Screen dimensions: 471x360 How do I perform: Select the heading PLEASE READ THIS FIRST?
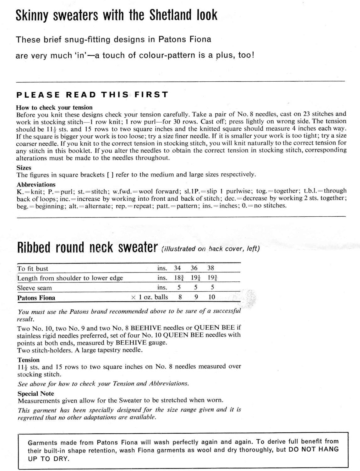(x=92, y=95)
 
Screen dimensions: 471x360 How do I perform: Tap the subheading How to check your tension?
(x=54, y=107)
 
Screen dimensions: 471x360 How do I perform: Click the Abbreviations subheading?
(x=36, y=185)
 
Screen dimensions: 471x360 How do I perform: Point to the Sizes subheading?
(x=24, y=168)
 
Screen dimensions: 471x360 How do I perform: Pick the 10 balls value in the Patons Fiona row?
(x=212, y=297)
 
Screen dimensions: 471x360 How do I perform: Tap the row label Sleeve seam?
(x=35, y=288)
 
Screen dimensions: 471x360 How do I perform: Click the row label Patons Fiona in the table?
(x=36, y=298)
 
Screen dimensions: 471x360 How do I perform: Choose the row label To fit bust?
(x=33, y=268)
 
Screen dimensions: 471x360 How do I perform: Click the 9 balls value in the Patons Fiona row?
(x=196, y=297)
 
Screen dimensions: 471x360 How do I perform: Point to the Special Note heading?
(x=36, y=393)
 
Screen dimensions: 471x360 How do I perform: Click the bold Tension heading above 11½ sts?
(x=29, y=360)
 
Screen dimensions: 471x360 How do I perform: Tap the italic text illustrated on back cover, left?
(x=210, y=249)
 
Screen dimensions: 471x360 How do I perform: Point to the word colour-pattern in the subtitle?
(x=161, y=56)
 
